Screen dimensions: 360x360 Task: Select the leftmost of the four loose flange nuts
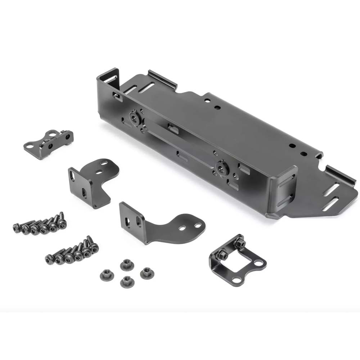click(107, 275)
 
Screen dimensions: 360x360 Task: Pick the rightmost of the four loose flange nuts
click(146, 272)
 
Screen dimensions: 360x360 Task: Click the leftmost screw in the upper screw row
click(17, 227)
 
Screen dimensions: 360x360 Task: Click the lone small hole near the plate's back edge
click(217, 107)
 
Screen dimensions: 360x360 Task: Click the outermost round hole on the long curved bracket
click(198, 225)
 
